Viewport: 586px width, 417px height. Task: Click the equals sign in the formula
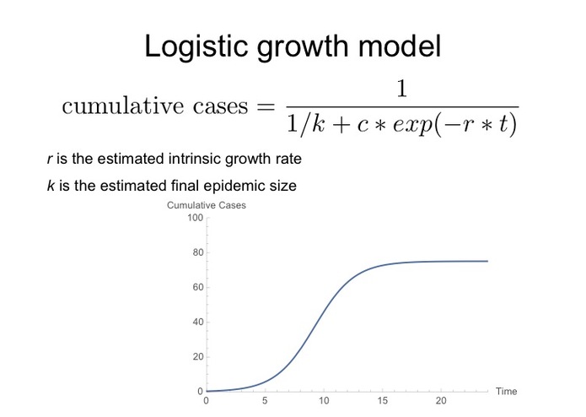click(x=264, y=108)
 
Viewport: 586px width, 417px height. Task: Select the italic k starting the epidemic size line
click(x=50, y=186)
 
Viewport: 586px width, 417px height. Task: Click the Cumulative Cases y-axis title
click(x=207, y=206)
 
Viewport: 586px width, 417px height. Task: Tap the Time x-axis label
click(x=506, y=391)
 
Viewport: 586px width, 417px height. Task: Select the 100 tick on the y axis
click(x=196, y=218)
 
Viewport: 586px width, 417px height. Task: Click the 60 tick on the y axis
click(x=198, y=288)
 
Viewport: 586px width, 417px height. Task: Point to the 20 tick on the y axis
click(x=198, y=357)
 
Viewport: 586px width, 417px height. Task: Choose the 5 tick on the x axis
click(x=266, y=401)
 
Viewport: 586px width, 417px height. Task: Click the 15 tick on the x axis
click(x=383, y=401)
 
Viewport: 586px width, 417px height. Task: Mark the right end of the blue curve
click(x=487, y=261)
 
